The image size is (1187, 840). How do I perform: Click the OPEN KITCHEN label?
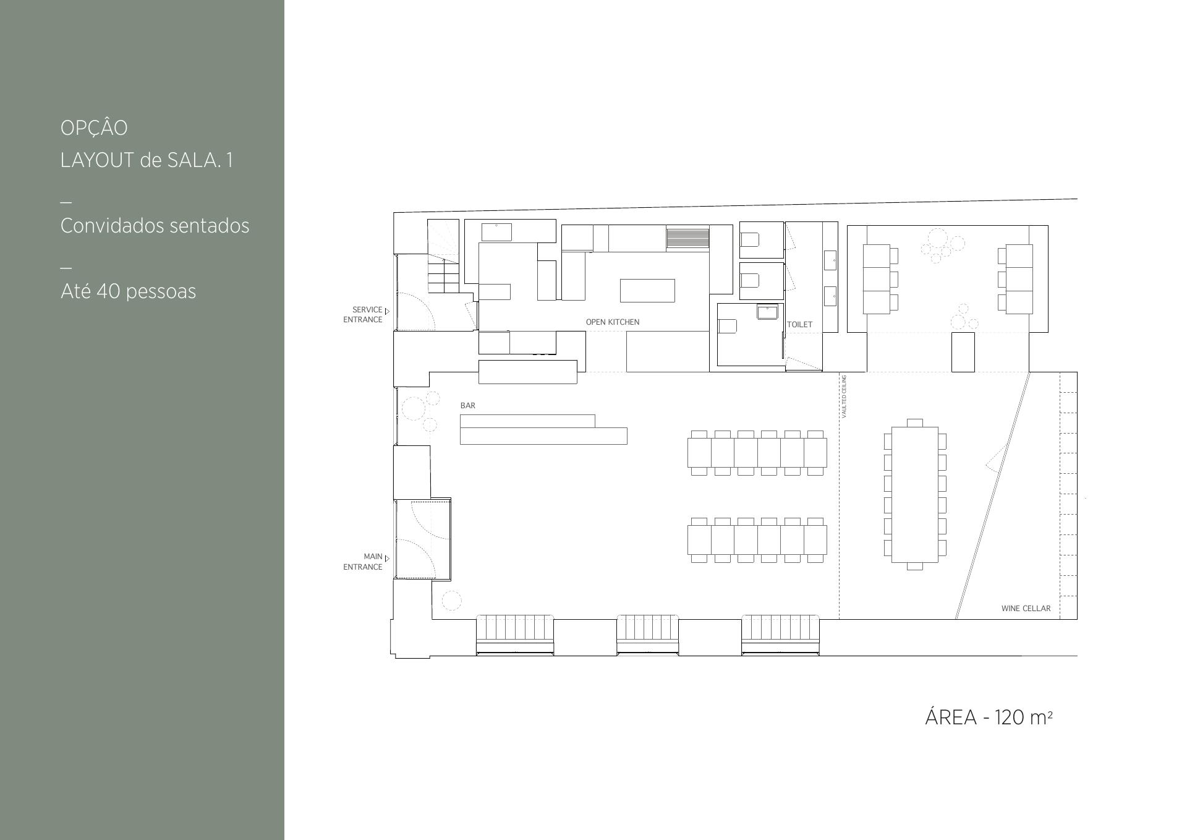(612, 322)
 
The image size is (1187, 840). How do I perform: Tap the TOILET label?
(799, 324)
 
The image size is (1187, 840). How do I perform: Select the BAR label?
(468, 405)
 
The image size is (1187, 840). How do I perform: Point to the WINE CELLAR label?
(1026, 608)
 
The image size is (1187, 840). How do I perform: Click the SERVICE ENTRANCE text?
(363, 314)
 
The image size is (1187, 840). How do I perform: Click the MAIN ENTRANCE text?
(363, 562)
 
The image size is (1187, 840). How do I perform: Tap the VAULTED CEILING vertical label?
(845, 396)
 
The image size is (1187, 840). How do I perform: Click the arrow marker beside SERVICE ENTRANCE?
(387, 311)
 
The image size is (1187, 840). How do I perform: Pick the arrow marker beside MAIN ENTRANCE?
(387, 559)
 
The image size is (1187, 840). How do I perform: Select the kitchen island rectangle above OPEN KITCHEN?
(647, 290)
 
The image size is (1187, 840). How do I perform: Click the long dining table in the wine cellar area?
(914, 494)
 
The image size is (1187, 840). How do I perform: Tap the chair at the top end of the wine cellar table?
(914, 423)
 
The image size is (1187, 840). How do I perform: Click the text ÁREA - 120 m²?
(989, 717)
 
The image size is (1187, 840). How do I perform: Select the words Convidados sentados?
(155, 226)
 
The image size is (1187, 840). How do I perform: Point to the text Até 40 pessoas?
(128, 291)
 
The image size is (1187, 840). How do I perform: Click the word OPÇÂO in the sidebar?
(94, 127)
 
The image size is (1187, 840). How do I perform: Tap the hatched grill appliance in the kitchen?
(687, 238)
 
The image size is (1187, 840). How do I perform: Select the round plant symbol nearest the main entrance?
(451, 600)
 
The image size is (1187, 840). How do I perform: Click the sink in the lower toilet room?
(767, 312)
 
